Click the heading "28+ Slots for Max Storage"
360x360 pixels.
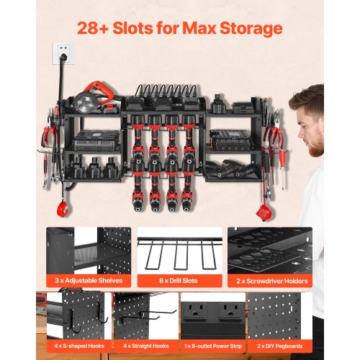click(180, 30)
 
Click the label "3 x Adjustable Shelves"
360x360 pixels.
click(88, 279)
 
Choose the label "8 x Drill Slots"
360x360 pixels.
click(179, 279)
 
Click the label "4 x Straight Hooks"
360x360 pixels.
click(144, 346)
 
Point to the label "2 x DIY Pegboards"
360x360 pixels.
click(281, 346)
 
